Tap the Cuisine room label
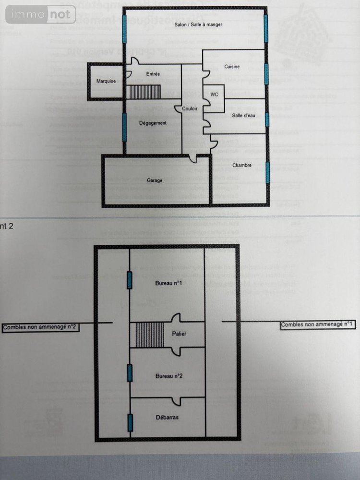(232, 67)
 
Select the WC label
(214, 95)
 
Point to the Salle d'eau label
(244, 115)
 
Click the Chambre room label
(242, 165)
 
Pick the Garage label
(155, 180)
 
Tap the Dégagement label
(153, 123)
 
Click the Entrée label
(153, 73)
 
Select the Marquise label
(106, 81)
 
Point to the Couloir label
(190, 109)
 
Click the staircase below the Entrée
(143, 91)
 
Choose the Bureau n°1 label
(168, 283)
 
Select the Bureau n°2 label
(168, 376)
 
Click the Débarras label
(167, 418)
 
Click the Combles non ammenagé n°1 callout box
(318, 325)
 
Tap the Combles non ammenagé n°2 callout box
(41, 327)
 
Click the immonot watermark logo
(41, 14)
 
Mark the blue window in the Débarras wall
(130, 422)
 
